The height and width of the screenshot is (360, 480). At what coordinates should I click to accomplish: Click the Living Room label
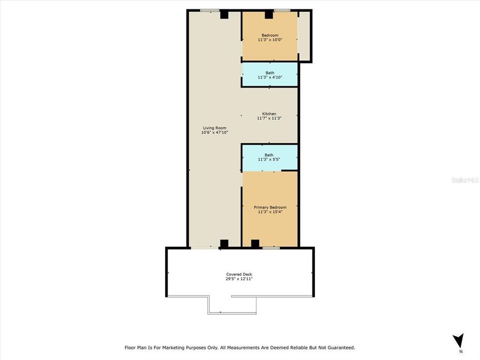pyautogui.click(x=214, y=127)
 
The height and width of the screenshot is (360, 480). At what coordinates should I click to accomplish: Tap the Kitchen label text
pyautogui.click(x=269, y=114)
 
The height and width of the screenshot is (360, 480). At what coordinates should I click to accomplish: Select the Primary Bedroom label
pyautogui.click(x=270, y=207)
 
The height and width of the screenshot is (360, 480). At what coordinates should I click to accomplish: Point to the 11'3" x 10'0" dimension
pyautogui.click(x=270, y=39)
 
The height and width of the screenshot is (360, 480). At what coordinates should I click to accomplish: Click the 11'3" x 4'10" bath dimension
pyautogui.click(x=270, y=77)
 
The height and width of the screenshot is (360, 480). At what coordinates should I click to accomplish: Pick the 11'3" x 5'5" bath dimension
pyautogui.click(x=270, y=160)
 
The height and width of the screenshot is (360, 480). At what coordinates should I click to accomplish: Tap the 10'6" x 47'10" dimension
pyautogui.click(x=214, y=132)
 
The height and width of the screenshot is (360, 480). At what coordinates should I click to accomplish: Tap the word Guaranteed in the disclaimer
pyautogui.click(x=338, y=347)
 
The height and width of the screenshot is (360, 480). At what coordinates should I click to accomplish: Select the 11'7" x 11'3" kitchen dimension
pyautogui.click(x=269, y=119)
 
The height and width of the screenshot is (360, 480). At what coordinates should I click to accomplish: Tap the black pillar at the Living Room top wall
pyautogui.click(x=224, y=15)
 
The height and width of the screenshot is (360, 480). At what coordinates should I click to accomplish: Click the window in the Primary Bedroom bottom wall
pyautogui.click(x=271, y=247)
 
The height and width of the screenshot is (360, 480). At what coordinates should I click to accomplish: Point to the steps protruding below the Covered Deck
pyautogui.click(x=232, y=304)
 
